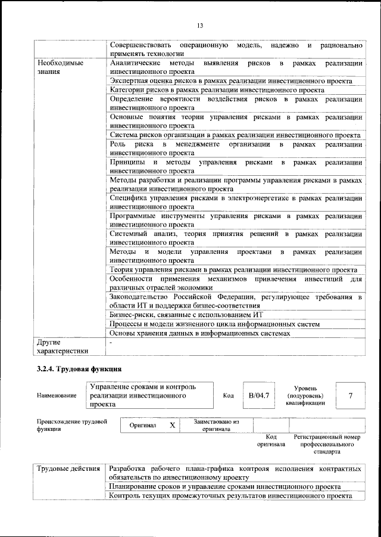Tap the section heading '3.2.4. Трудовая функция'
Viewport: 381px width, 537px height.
coord(79,370)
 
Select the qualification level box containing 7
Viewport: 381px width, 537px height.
coord(350,395)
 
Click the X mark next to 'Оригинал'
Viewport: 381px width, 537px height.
coord(172,426)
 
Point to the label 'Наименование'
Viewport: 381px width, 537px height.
coord(57,395)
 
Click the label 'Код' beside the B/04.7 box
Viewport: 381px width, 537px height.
coord(229,395)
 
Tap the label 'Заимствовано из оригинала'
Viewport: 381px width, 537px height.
coord(216,425)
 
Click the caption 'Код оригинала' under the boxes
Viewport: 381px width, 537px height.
coord(271,440)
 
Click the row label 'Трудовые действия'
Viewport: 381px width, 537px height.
coord(68,468)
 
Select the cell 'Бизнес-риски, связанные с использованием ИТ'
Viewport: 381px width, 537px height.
coord(187,314)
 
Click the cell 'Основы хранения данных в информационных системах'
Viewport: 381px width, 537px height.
coord(200,333)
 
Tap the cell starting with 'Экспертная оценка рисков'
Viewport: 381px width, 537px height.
coord(231,80)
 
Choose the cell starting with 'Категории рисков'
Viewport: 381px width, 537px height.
coord(217,89)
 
